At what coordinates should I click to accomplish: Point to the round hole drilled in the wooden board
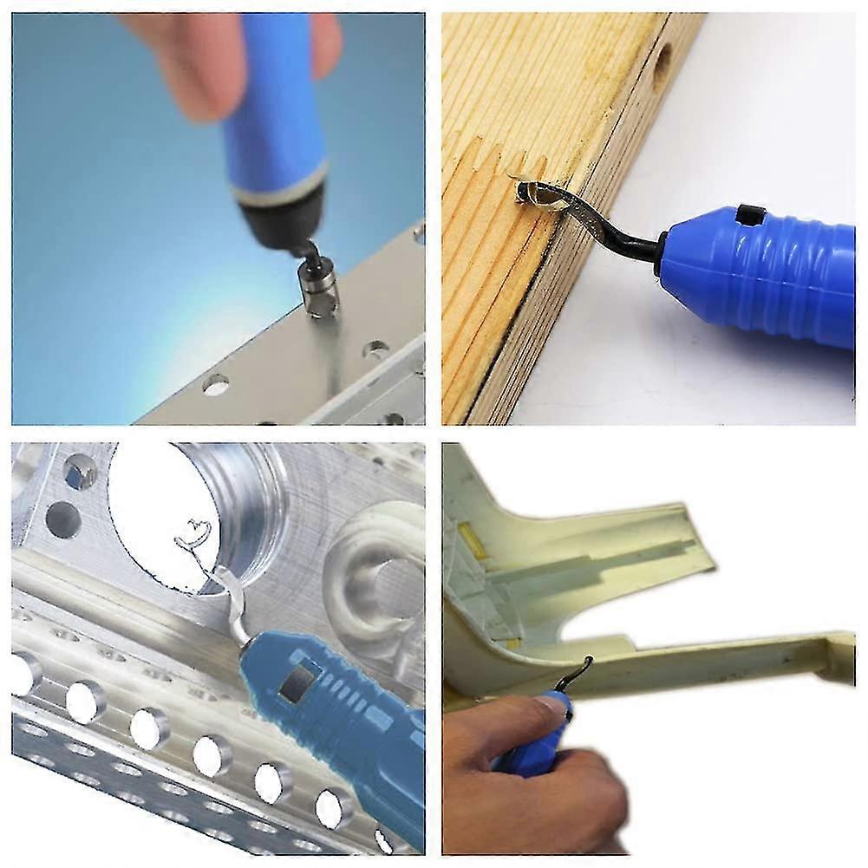click(661, 64)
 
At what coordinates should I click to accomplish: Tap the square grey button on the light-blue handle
click(295, 685)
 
